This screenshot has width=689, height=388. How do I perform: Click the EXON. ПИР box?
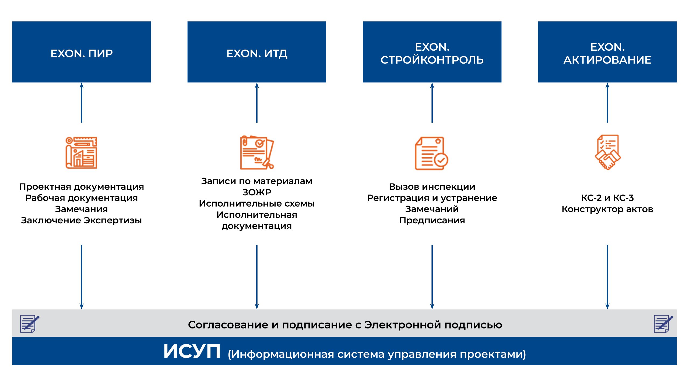pyautogui.click(x=81, y=52)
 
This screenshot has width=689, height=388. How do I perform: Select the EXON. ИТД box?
pyautogui.click(x=256, y=52)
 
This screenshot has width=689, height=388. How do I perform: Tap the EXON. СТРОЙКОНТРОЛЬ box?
pyautogui.click(x=432, y=52)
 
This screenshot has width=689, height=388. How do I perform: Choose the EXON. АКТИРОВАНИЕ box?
pyautogui.click(x=607, y=52)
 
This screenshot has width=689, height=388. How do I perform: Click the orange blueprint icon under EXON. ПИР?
pyautogui.click(x=81, y=153)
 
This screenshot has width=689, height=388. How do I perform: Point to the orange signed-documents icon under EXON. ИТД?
pyautogui.click(x=256, y=153)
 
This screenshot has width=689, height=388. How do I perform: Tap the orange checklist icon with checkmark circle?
pyautogui.click(x=431, y=153)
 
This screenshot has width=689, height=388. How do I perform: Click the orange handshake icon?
pyautogui.click(x=607, y=153)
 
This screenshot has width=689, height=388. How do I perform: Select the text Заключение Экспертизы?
pyautogui.click(x=81, y=220)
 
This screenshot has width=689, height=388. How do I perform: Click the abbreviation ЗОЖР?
pyautogui.click(x=256, y=192)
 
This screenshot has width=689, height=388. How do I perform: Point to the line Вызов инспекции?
pyautogui.click(x=432, y=187)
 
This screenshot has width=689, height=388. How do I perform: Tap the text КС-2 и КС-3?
pyautogui.click(x=607, y=198)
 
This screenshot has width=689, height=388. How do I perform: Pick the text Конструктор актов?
pyautogui.click(x=607, y=209)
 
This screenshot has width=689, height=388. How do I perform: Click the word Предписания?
pyautogui.click(x=432, y=220)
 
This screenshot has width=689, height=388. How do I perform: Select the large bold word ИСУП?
pyautogui.click(x=192, y=351)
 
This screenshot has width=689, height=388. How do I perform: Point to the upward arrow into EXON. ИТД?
pyautogui.click(x=257, y=102)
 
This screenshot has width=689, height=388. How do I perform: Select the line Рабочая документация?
pyautogui.click(x=81, y=198)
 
